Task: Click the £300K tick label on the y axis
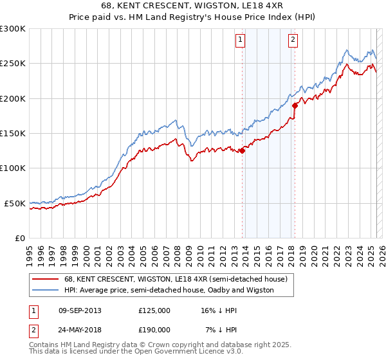[x=12, y=29]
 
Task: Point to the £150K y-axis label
[x=12, y=134]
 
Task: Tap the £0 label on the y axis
[x=20, y=238]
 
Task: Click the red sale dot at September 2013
[x=242, y=151]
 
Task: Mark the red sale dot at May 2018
[x=295, y=105]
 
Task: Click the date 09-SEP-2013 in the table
[x=80, y=310]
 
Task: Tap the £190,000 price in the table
[x=154, y=329]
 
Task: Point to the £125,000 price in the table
[x=154, y=310]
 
